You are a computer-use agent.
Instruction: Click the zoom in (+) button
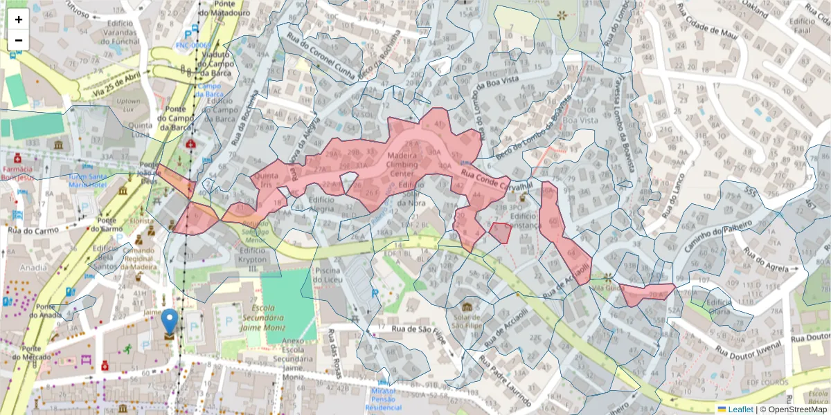(19, 20)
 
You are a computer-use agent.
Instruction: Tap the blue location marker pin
(169, 322)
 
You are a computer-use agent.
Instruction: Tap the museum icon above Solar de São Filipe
(467, 306)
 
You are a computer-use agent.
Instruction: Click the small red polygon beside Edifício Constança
(500, 232)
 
